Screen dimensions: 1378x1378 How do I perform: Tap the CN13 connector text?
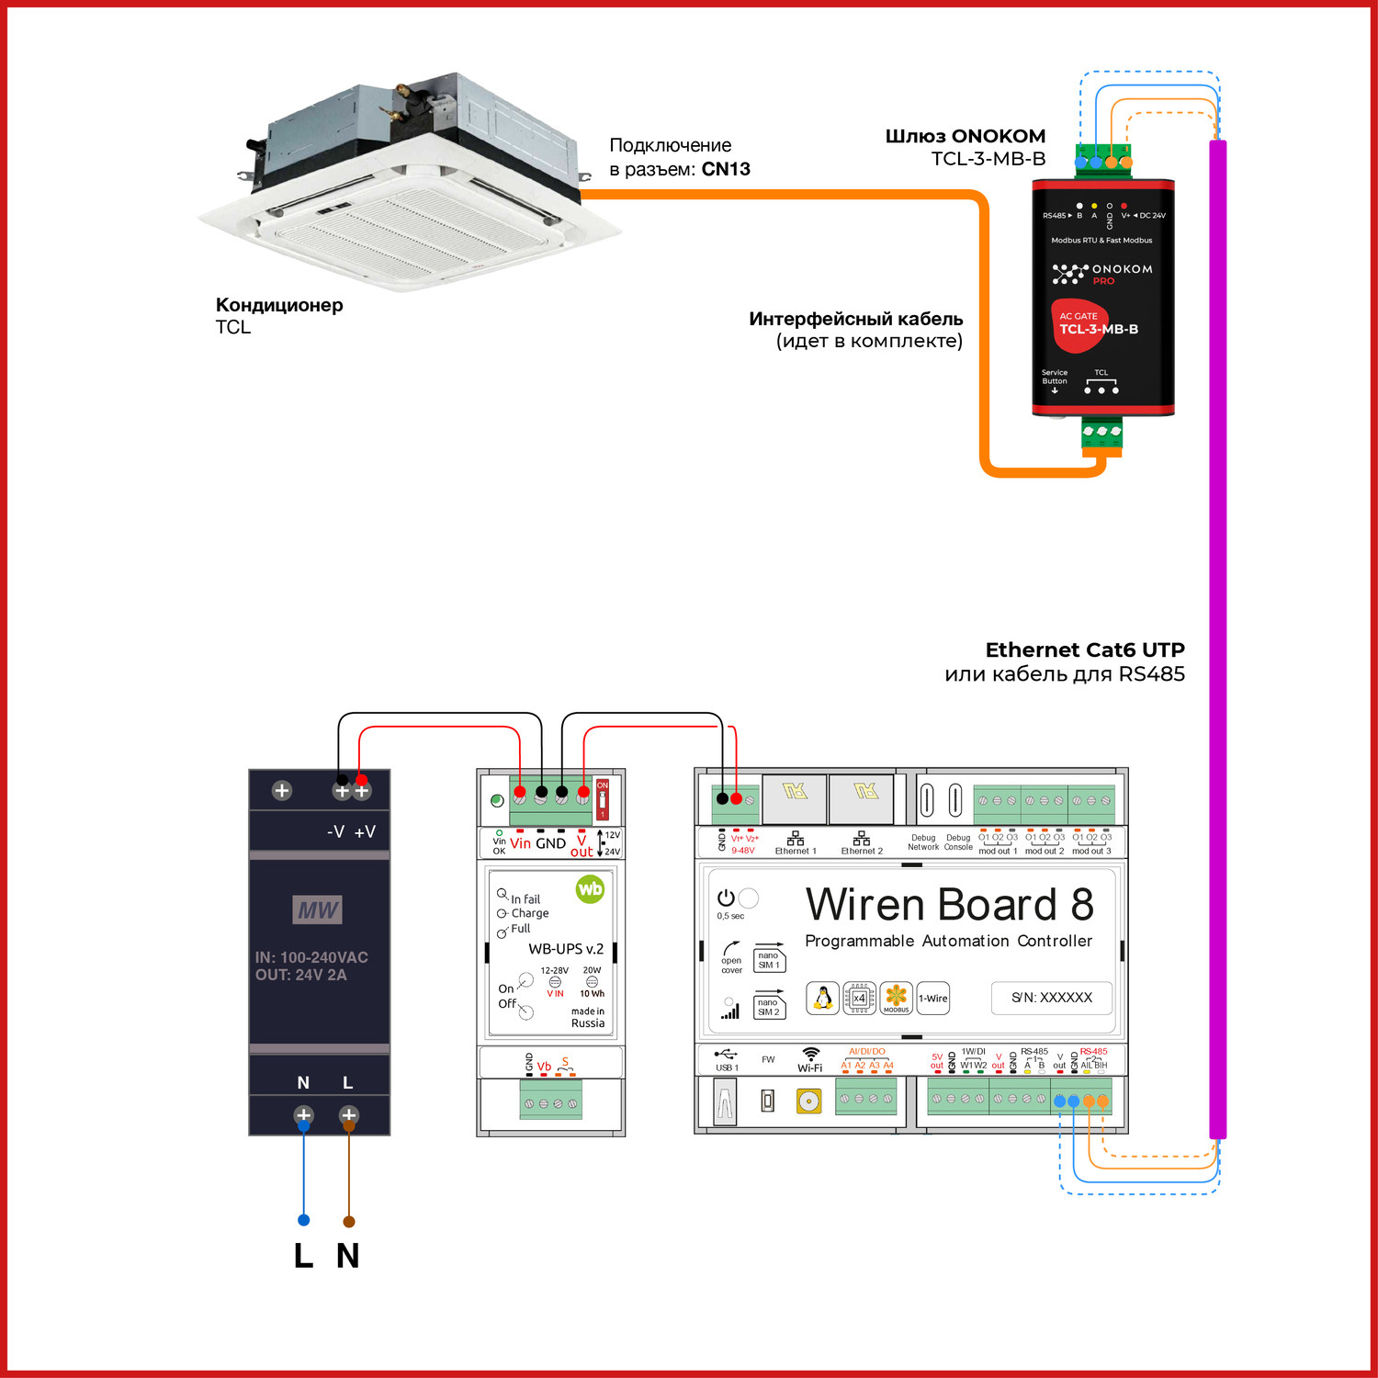pos(726,169)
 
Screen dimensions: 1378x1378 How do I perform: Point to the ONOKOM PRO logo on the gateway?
pos(1102,273)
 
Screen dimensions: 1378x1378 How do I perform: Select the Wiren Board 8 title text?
pos(950,905)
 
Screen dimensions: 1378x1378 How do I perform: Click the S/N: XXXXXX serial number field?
pos(1052,998)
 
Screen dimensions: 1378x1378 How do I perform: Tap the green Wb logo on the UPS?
pos(590,888)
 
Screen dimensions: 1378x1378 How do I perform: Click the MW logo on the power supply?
pos(318,909)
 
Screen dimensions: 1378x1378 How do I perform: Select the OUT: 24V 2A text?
pos(301,975)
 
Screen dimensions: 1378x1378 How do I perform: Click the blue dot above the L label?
pos(304,1220)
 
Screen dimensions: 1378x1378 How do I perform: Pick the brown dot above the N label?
pos(348,1221)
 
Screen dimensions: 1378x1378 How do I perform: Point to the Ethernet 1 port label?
pos(796,851)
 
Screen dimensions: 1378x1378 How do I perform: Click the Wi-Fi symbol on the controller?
pos(810,1055)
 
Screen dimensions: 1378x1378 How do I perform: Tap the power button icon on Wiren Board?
pos(726,898)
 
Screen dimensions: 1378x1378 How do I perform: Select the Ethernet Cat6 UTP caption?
pos(1084,650)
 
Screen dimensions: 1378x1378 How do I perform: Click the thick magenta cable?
pos(1218,643)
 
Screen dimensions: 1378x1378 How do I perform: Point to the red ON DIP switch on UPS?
pos(603,799)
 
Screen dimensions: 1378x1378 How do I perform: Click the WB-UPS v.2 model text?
pos(566,949)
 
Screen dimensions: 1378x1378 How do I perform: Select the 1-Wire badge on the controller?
pos(933,999)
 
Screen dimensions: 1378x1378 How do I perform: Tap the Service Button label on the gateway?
pos(1055,377)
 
